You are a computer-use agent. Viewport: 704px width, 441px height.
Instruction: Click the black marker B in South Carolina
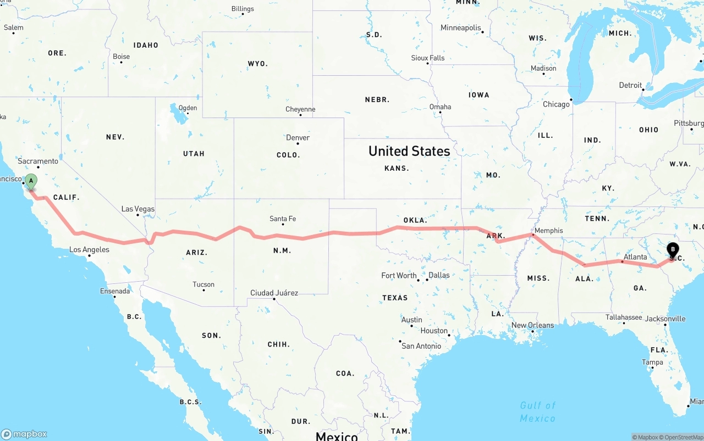click(673, 250)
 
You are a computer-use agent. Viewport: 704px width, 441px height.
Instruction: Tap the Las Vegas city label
click(137, 209)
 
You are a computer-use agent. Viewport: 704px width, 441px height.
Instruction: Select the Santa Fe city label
click(283, 219)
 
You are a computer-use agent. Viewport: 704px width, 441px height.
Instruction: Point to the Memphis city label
click(548, 231)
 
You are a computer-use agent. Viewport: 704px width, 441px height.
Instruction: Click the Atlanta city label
click(635, 257)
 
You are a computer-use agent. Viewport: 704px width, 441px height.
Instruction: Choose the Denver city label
click(298, 138)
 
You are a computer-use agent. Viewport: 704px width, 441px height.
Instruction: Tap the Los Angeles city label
click(89, 250)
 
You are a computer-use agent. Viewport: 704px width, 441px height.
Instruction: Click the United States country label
click(409, 151)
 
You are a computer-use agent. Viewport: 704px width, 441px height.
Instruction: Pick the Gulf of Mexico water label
click(537, 411)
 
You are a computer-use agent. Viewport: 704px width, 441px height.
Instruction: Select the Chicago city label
click(556, 104)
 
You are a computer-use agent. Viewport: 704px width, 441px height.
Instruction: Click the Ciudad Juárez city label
click(274, 293)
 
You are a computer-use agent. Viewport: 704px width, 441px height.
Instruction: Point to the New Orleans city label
click(532, 325)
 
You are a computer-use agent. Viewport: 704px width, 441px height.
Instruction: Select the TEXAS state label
click(395, 298)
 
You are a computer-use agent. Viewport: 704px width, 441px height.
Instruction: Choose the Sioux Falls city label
click(427, 58)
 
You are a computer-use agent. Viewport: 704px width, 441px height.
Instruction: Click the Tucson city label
click(204, 284)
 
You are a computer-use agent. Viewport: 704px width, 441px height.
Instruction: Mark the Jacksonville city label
click(665, 319)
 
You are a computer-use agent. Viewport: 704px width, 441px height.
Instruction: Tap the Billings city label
click(243, 9)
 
